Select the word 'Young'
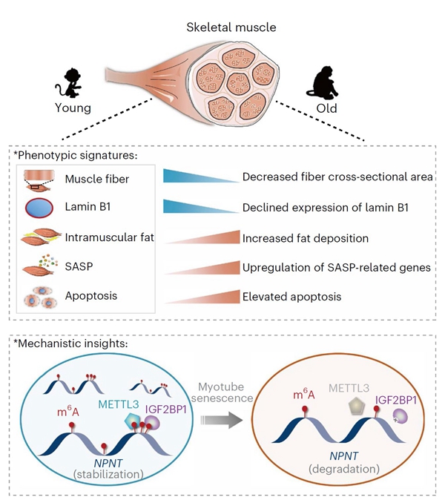(73, 108)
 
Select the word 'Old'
(326, 108)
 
